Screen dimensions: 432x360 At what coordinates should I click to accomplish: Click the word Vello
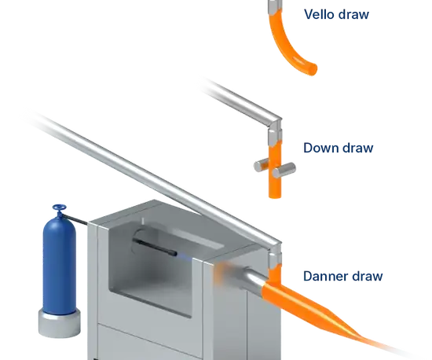tap(319, 14)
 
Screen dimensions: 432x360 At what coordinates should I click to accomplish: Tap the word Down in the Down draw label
tap(320, 148)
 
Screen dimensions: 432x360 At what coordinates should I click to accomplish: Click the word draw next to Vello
tap(353, 14)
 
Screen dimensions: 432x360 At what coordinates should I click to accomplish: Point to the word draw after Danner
tap(368, 276)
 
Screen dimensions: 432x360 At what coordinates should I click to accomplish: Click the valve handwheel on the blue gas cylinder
tap(59, 208)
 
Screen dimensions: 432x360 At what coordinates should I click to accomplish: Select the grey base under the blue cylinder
tap(59, 324)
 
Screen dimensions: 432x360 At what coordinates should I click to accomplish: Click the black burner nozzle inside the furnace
tap(155, 247)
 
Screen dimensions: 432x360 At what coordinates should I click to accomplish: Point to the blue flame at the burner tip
tap(184, 257)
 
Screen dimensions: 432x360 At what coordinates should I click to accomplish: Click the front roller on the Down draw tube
tap(284, 171)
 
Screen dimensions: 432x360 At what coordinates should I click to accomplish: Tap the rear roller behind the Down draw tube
tap(262, 165)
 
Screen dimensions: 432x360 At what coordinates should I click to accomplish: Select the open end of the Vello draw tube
tap(313, 69)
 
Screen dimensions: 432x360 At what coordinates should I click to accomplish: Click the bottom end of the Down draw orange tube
tap(275, 196)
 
